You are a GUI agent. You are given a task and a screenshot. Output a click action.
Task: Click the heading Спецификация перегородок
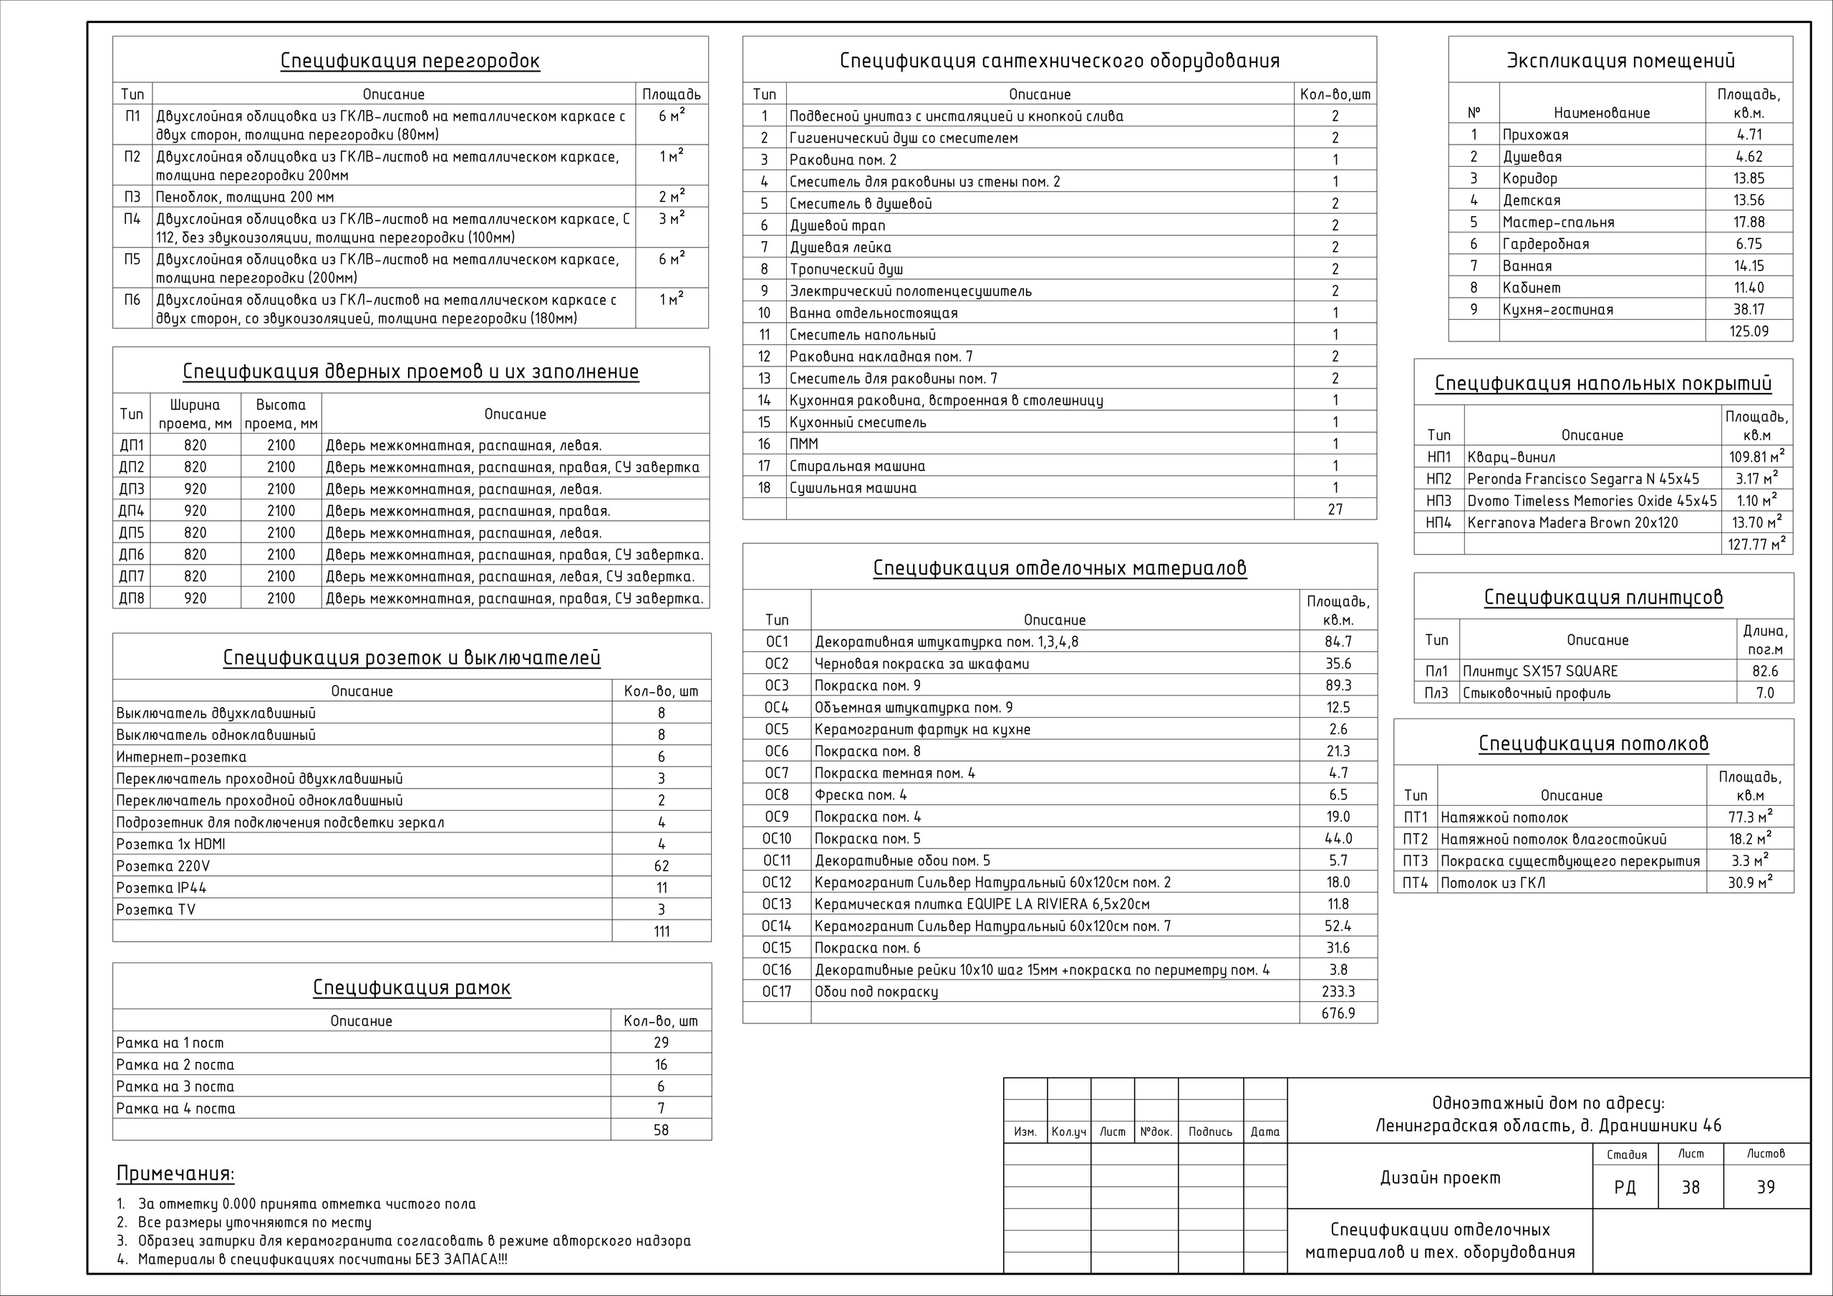tap(410, 62)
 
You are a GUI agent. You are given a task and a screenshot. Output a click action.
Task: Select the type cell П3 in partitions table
tap(132, 197)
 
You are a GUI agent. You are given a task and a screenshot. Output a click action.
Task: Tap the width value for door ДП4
tap(195, 512)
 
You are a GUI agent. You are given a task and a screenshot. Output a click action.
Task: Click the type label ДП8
tap(132, 598)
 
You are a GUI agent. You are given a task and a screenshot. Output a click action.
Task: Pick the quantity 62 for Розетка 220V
tap(661, 866)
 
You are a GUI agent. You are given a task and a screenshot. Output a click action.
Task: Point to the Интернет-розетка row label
tap(181, 757)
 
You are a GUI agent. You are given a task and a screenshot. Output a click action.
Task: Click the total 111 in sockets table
tap(661, 931)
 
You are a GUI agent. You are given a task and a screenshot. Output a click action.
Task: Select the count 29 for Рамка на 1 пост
tap(661, 1043)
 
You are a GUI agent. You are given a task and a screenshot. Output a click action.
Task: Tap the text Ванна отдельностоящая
tap(874, 313)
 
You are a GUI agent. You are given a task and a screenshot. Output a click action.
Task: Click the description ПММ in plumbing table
tap(804, 444)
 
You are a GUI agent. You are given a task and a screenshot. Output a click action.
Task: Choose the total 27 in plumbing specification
tap(1335, 509)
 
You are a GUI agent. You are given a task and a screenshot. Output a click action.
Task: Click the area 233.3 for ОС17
tap(1338, 992)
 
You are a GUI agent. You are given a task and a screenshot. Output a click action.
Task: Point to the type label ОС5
tap(776, 729)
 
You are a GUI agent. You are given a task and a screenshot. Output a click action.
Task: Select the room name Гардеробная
tap(1546, 244)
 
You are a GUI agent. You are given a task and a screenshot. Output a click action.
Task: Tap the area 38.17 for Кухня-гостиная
tap(1749, 310)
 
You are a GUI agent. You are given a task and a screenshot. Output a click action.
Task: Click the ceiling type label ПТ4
tap(1416, 882)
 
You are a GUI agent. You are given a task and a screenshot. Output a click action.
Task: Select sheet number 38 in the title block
tap(1690, 1187)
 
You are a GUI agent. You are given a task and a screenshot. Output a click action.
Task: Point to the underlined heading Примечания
tap(175, 1174)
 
